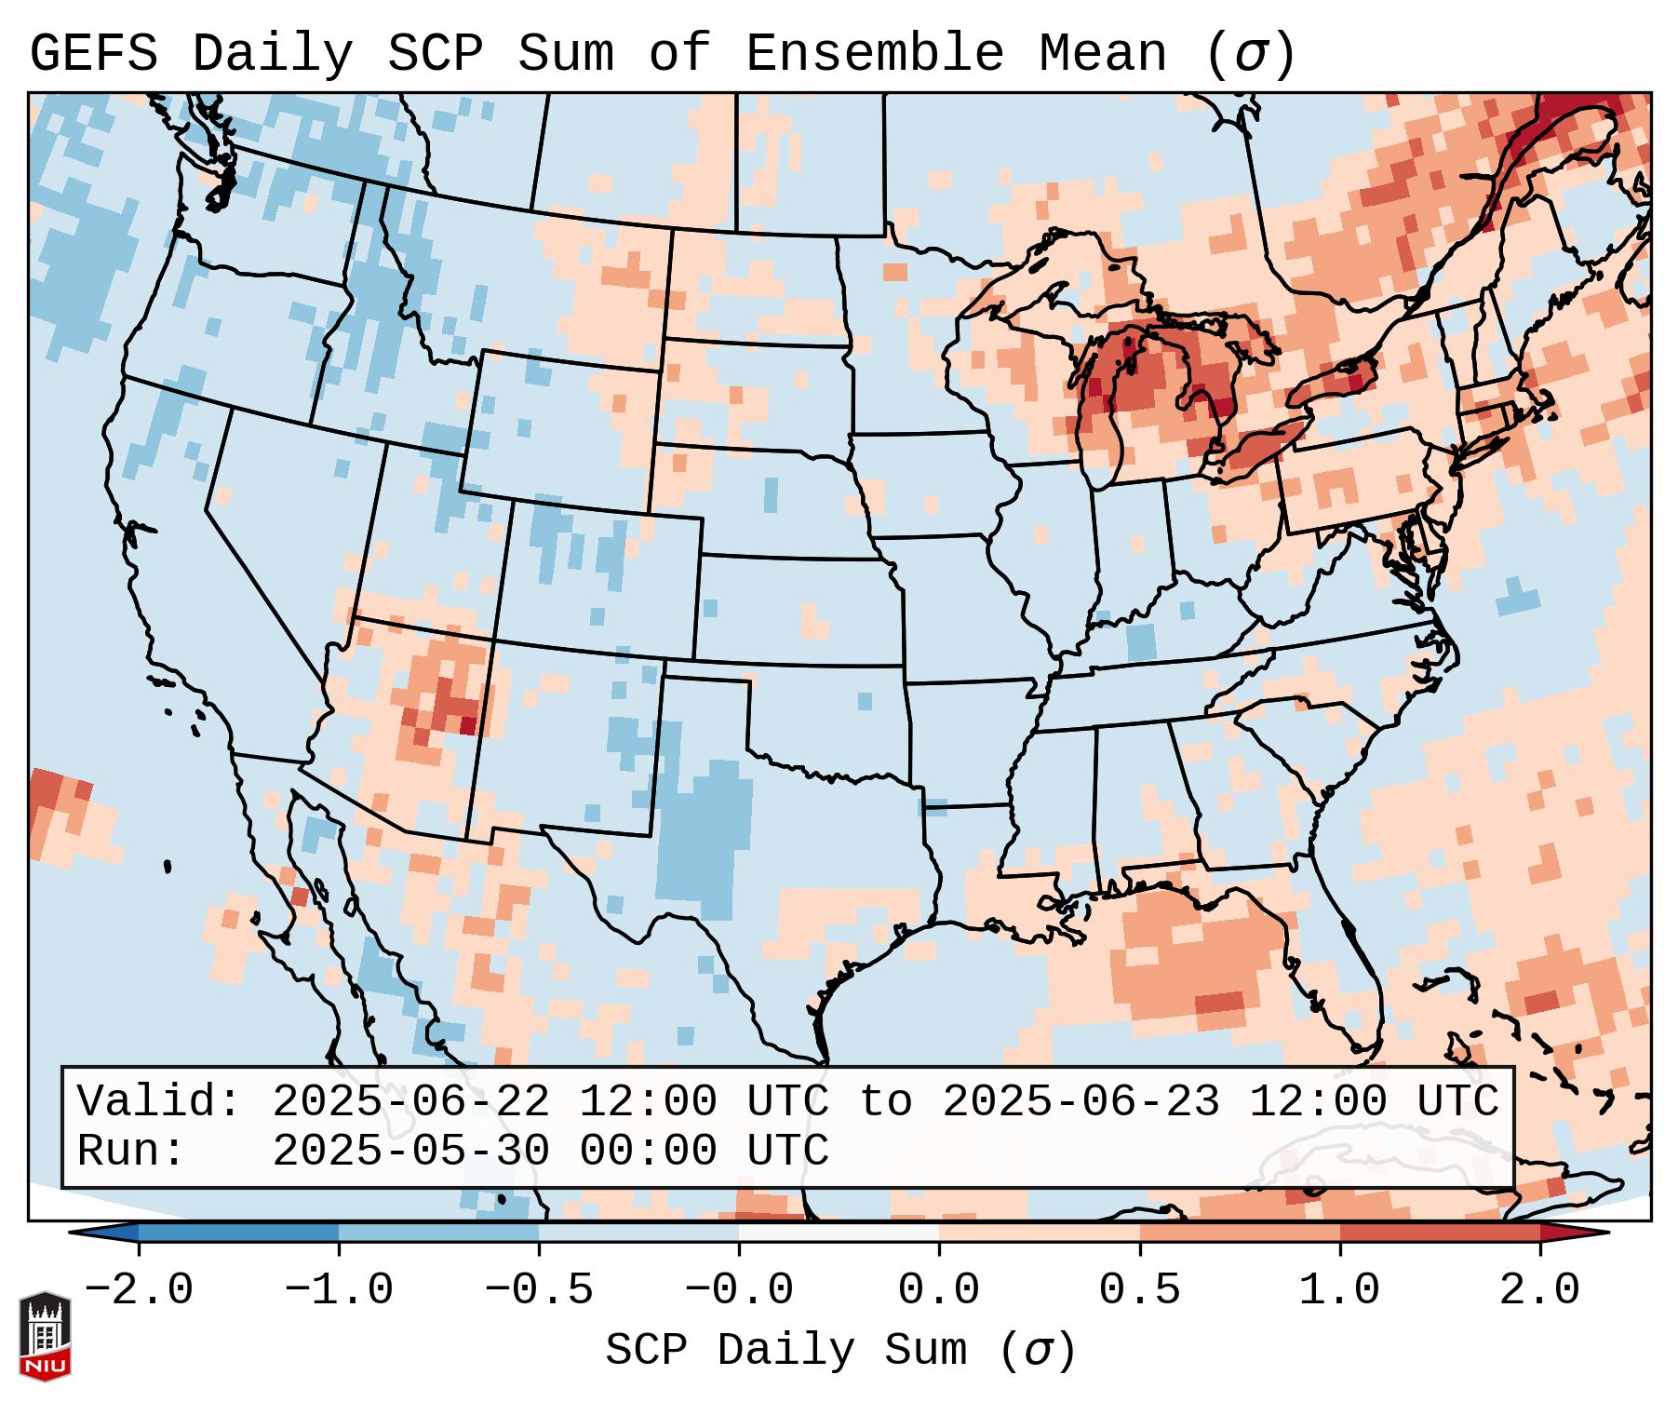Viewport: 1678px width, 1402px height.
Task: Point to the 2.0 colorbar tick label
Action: tap(1539, 1290)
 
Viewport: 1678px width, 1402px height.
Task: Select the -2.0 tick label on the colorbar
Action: tap(139, 1290)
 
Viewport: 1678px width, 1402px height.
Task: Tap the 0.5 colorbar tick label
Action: tap(1139, 1290)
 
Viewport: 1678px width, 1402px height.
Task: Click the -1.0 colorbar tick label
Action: tap(339, 1290)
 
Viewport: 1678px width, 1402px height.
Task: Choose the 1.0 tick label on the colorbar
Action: tap(1339, 1290)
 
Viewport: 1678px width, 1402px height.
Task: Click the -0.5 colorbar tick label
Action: tap(539, 1290)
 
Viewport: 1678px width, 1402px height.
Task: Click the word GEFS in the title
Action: tap(93, 54)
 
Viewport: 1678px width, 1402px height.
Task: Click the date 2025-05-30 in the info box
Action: tap(410, 1151)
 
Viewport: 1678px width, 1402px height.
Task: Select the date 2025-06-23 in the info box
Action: tap(1081, 1101)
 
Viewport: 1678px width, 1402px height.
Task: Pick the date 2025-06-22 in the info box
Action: tap(410, 1101)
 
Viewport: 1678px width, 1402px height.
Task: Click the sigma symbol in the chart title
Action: tap(1250, 54)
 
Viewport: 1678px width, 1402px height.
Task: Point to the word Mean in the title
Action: tap(1102, 54)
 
